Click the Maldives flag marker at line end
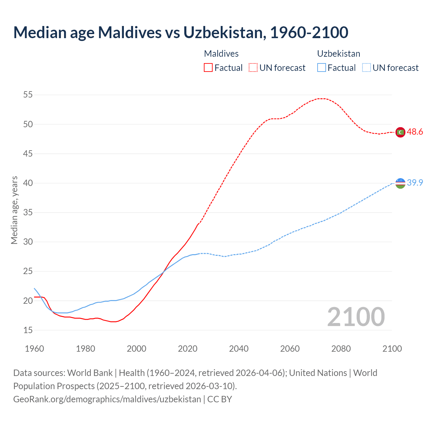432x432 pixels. (x=400, y=132)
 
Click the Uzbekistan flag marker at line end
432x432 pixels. (x=400, y=183)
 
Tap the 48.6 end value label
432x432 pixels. (x=415, y=132)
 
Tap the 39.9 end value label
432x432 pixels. (x=415, y=183)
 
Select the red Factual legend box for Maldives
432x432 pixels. (x=208, y=67)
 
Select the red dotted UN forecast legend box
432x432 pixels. (x=253, y=67)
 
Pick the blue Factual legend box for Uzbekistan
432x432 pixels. (x=322, y=67)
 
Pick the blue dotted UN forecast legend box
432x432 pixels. (x=367, y=67)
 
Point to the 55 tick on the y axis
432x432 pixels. (x=28, y=95)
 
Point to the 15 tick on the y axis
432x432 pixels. (x=28, y=330)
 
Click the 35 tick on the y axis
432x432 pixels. (x=28, y=213)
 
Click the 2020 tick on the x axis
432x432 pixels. (x=188, y=349)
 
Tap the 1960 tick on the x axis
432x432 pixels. (x=34, y=349)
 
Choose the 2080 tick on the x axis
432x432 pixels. (x=341, y=349)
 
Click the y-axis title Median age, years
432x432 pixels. (x=14, y=210)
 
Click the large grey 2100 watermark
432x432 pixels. (x=356, y=317)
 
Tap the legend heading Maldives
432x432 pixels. (x=221, y=54)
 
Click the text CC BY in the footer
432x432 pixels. (x=220, y=399)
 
